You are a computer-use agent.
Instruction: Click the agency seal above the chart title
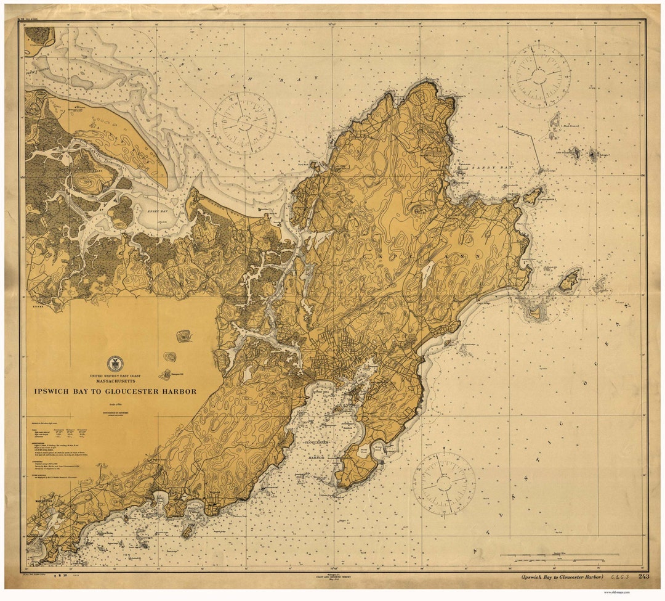(x=115, y=364)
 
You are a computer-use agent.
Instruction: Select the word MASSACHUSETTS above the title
(x=115, y=382)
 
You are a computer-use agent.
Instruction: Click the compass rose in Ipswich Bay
(x=244, y=123)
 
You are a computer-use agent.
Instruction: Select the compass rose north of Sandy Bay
(x=539, y=76)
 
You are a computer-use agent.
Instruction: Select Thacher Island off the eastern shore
(x=569, y=280)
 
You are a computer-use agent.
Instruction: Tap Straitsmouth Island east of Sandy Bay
(x=533, y=196)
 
